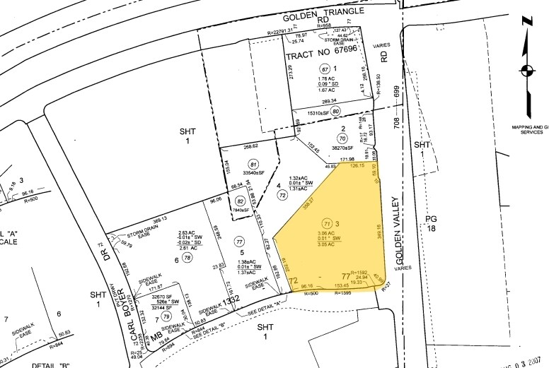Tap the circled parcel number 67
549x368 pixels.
click(x=325, y=69)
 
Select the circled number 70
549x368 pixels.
click(x=343, y=141)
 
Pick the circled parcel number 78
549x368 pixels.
click(x=187, y=259)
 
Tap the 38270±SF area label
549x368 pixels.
click(x=344, y=150)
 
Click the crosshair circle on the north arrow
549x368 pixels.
click(x=526, y=70)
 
